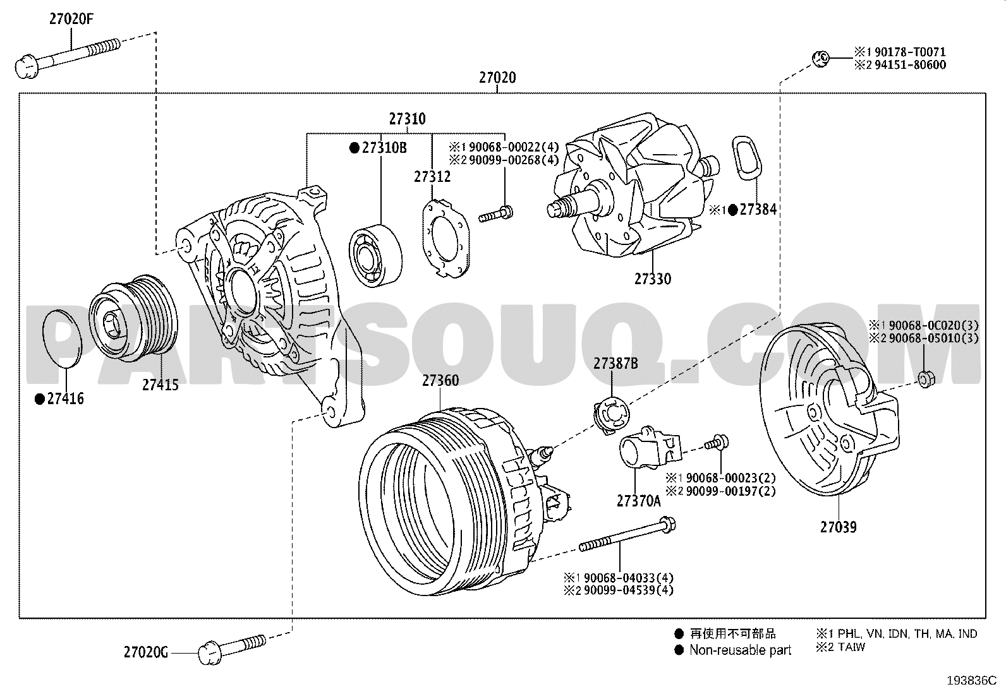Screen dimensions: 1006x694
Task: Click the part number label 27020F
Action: point(71,20)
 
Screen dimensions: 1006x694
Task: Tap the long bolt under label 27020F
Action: point(68,58)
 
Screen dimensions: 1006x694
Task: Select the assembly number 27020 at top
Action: point(497,78)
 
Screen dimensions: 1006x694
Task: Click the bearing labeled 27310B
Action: point(375,255)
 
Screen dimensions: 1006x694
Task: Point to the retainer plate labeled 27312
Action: point(445,238)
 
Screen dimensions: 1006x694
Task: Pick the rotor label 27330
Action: point(653,278)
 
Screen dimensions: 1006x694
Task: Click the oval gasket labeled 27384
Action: point(746,159)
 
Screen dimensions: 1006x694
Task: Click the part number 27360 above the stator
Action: point(440,381)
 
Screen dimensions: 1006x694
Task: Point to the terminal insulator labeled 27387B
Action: point(611,416)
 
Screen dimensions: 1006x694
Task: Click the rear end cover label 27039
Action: point(839,527)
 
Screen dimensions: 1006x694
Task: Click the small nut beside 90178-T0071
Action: point(821,59)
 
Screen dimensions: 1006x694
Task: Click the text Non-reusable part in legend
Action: point(740,650)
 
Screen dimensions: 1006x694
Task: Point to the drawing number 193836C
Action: point(972,681)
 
